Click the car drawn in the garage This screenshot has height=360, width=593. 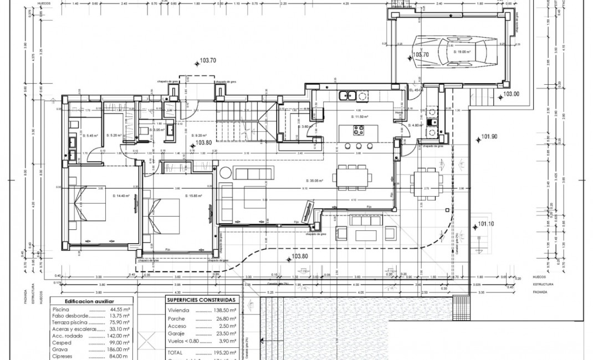[449, 52]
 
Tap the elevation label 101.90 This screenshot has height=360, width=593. [489, 136]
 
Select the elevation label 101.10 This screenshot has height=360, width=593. [485, 224]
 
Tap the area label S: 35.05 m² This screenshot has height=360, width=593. [314, 181]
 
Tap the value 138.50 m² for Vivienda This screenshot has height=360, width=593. [226, 311]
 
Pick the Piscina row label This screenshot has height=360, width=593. [60, 310]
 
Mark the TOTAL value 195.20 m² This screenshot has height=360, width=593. [226, 352]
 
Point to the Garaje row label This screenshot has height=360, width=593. [176, 334]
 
